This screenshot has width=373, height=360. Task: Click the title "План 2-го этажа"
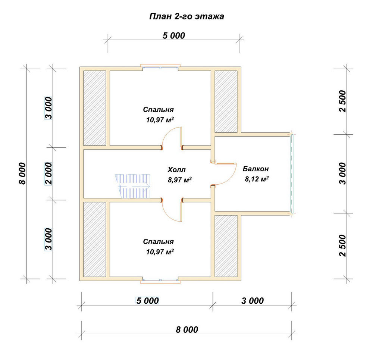point(186,16)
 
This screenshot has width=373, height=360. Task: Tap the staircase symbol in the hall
point(133,186)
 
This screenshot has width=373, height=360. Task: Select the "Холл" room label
point(176,170)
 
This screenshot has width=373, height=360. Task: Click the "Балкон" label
point(256,169)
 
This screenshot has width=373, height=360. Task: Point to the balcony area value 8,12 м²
point(257,179)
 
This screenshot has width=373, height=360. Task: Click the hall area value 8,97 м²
point(180,180)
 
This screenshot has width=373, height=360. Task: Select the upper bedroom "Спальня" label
point(159,109)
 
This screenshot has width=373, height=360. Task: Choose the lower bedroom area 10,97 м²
point(160,252)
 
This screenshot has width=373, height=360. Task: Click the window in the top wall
point(160,67)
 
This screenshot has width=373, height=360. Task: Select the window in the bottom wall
point(160,281)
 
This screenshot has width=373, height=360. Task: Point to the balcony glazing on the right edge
point(292,174)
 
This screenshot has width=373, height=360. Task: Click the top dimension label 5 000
point(174,35)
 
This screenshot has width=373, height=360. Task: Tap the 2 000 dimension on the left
point(48,173)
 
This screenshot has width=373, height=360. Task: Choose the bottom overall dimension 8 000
point(187,329)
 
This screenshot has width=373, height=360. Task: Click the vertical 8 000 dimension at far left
point(22,173)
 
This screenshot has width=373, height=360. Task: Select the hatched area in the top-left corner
point(95,108)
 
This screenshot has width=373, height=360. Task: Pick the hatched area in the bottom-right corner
point(226,246)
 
